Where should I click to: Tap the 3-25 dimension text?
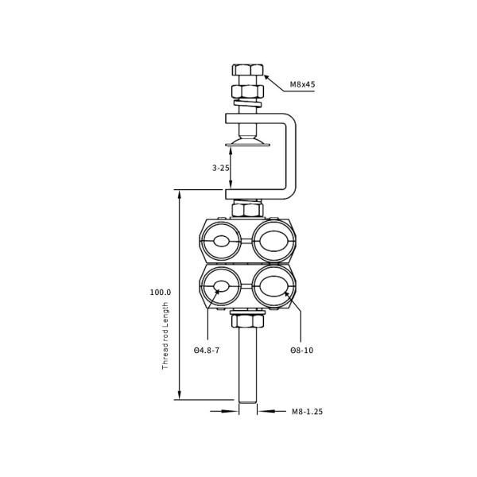point(221,168)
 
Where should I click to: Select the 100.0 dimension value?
point(160,293)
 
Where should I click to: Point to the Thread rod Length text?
point(165,335)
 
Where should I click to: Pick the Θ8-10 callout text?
point(301,350)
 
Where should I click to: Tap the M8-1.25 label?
point(306,412)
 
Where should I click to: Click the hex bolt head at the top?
point(247,71)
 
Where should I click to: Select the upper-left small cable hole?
point(221,241)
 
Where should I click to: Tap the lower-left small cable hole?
point(221,286)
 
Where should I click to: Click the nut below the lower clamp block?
point(247,320)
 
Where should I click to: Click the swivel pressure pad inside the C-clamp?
point(247,142)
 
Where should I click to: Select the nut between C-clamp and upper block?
point(247,210)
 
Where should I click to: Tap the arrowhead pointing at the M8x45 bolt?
point(267,77)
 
